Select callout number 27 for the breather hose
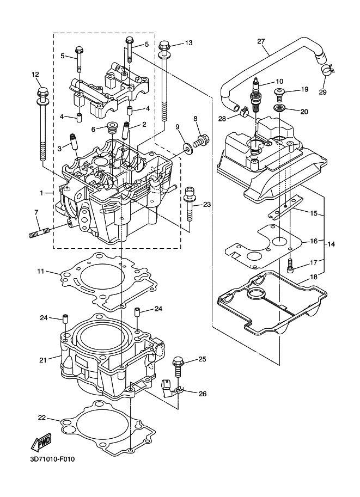tap(261, 41)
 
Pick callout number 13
tap(188, 43)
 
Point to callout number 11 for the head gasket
tap(40, 271)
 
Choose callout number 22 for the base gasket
tap(42, 418)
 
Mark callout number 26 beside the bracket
tap(203, 394)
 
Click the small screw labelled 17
tap(290, 265)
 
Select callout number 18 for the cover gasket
tap(313, 277)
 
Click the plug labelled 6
tap(112, 127)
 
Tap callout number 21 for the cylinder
tap(43, 360)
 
